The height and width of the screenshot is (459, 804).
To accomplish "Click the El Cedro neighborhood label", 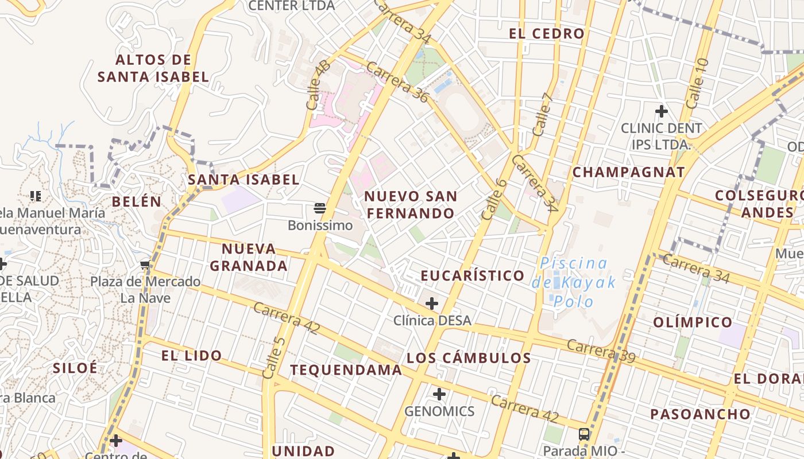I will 547,34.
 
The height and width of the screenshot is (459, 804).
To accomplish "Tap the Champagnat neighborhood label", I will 629,172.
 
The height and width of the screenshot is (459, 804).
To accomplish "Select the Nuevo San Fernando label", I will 411,205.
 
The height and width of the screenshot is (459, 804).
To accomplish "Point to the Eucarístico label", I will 473,276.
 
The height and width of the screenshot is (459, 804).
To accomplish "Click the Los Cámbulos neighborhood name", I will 469,358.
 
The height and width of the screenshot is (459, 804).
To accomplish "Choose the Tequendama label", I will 346,370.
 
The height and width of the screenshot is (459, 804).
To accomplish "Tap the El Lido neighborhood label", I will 191,356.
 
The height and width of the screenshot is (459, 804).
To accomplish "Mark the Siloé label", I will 75,368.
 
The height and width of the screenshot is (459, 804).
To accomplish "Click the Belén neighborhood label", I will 137,201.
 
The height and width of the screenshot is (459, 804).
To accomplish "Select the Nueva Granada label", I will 249,258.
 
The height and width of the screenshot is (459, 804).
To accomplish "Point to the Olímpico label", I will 693,322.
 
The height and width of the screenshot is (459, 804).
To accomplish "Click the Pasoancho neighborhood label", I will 700,414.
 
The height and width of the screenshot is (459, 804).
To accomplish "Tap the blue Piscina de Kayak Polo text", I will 574,282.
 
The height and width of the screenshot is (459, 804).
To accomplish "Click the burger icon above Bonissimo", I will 320,208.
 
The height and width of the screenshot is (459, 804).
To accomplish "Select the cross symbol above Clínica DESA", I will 432,303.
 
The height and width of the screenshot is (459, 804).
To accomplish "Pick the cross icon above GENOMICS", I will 439,394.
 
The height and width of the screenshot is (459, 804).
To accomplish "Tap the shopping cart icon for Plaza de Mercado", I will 145,264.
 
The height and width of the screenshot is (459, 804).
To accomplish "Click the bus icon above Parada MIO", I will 584,434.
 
